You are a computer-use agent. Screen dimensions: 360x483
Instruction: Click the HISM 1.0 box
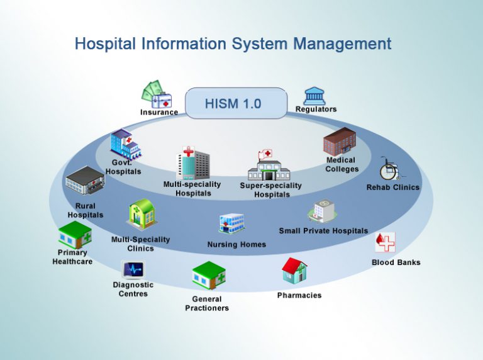pos(236,103)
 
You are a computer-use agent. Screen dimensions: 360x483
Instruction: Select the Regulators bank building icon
pos(315,96)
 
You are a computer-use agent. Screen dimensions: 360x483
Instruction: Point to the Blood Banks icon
pos(385,243)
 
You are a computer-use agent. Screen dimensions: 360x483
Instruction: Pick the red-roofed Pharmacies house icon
pos(294,271)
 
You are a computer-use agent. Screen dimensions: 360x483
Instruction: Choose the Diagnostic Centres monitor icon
pos(133,269)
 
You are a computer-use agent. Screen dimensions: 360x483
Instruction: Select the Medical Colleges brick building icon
pos(339,141)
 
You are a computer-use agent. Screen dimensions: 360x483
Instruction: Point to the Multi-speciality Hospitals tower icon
pos(192,162)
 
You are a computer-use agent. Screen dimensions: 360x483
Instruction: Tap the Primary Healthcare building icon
pos(75,235)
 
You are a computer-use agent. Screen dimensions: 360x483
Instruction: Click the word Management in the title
pos(345,43)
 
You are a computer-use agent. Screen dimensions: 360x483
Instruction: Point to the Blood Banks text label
pos(396,262)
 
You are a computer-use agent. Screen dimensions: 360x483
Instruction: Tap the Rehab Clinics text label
pos(392,188)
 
